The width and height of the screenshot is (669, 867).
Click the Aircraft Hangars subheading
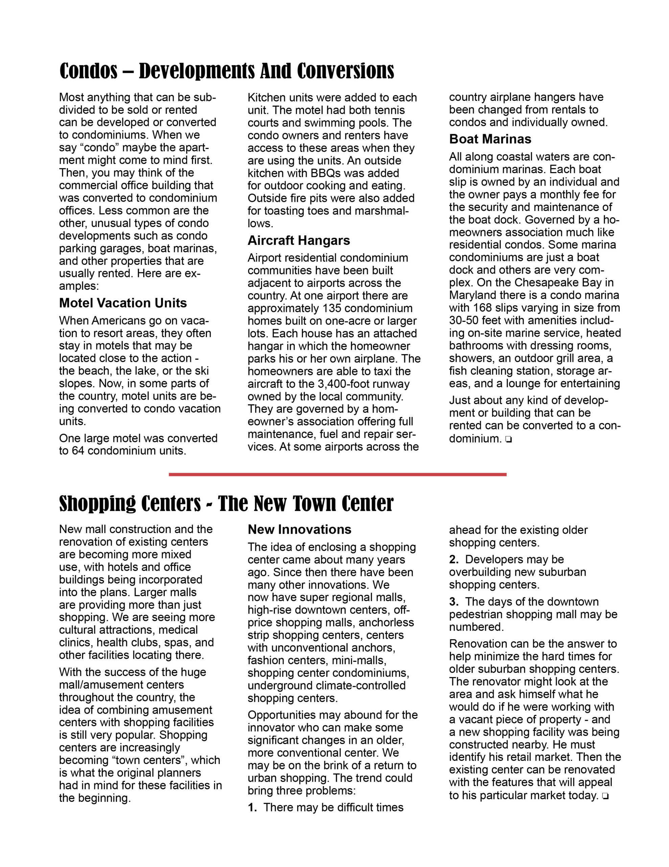[x=299, y=240]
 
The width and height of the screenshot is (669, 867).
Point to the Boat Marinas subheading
[x=490, y=139]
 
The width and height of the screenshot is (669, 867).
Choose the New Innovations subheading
[x=299, y=530]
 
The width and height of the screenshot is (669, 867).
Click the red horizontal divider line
[x=338, y=474]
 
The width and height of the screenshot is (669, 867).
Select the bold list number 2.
[x=453, y=559]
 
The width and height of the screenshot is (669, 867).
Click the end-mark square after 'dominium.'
[x=509, y=440]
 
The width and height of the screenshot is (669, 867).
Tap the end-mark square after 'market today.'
[x=605, y=796]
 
